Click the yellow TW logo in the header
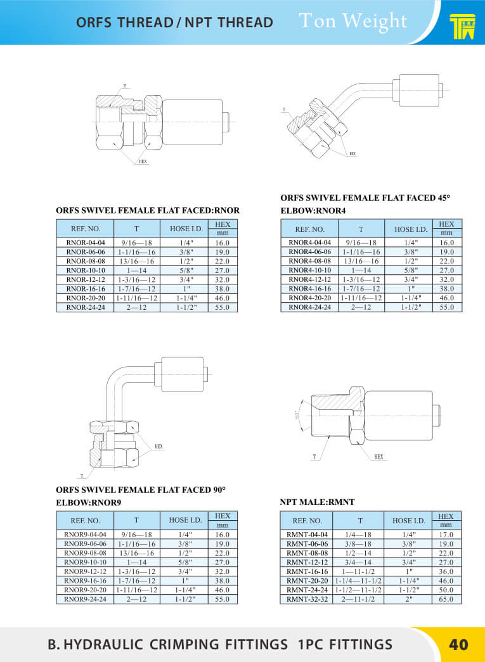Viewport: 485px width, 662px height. point(462,27)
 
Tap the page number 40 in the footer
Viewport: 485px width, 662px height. point(458,644)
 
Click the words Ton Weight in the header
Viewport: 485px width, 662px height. point(353,21)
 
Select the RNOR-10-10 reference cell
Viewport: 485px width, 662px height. point(86,271)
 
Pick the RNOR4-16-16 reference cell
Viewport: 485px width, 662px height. point(309,289)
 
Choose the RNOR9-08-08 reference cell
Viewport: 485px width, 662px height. point(86,552)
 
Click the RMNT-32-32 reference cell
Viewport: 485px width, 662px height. point(307,599)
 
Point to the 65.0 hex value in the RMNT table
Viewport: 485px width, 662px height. point(446,599)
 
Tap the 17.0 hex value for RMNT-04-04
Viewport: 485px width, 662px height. point(446,535)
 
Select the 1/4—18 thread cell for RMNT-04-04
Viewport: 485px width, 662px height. point(358,535)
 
